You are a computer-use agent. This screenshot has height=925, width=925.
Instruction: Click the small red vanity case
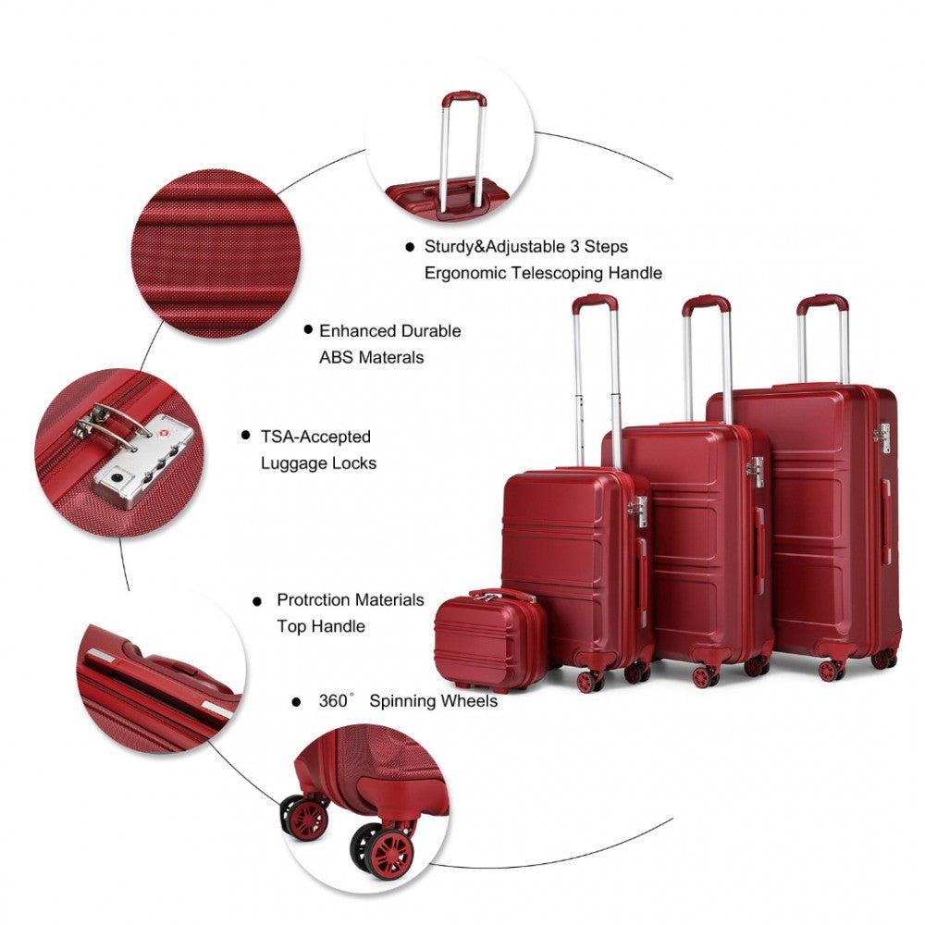pyautogui.click(x=490, y=642)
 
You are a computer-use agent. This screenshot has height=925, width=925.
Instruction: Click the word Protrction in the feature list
pyautogui.click(x=312, y=600)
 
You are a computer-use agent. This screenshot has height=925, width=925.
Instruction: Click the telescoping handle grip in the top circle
pyautogui.click(x=463, y=97)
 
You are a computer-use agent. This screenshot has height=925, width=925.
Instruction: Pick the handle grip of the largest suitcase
pyautogui.click(x=822, y=302)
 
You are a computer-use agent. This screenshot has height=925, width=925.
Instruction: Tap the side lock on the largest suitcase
pyautogui.click(x=882, y=438)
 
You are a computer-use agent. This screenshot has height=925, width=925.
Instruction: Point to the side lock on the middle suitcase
pyautogui.click(x=756, y=470)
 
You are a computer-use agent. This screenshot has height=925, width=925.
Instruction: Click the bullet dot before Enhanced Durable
pyautogui.click(x=307, y=330)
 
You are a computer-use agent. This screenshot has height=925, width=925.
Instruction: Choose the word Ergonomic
pyautogui.click(x=468, y=273)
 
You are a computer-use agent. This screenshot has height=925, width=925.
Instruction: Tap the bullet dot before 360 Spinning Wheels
pyautogui.click(x=296, y=702)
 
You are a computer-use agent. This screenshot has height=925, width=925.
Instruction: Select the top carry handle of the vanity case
pyautogui.click(x=500, y=594)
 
